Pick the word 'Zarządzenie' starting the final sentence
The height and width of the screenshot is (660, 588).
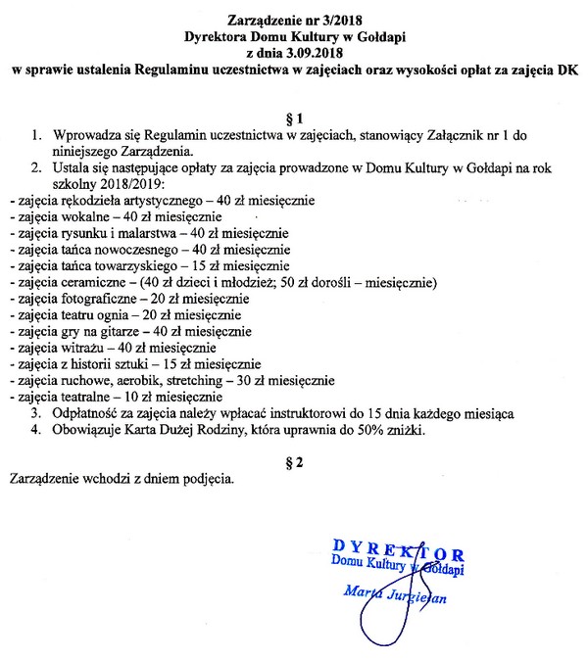[x=42, y=479]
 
